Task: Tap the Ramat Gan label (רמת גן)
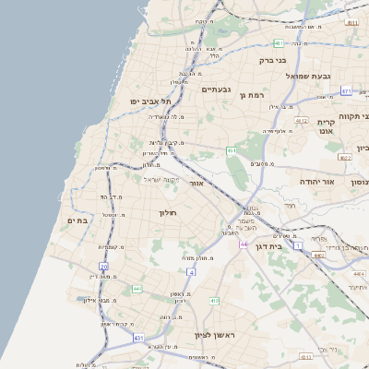250,94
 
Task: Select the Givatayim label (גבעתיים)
215,89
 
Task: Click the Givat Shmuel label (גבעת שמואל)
308,76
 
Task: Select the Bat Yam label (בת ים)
77,220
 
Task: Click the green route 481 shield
279,43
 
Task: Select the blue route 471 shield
346,90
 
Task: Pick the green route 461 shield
232,150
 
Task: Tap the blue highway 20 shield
103,266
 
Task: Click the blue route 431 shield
139,339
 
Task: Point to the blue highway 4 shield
191,273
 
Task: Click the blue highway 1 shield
297,244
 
